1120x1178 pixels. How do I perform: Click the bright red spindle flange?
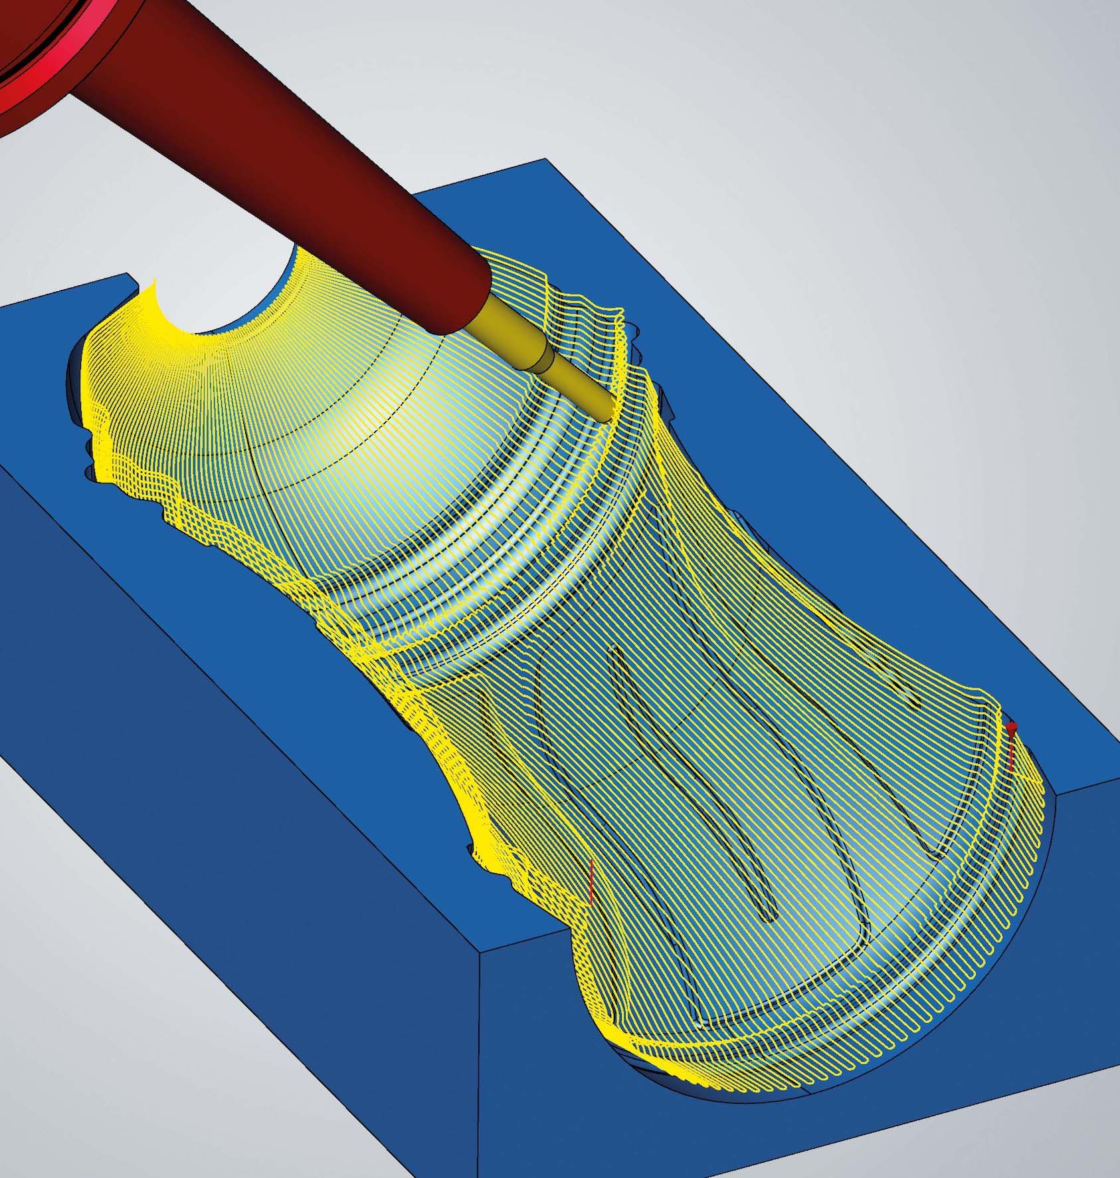(x=27, y=66)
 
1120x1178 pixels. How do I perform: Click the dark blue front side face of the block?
(x=233, y=864)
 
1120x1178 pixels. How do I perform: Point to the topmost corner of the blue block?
(x=545, y=159)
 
